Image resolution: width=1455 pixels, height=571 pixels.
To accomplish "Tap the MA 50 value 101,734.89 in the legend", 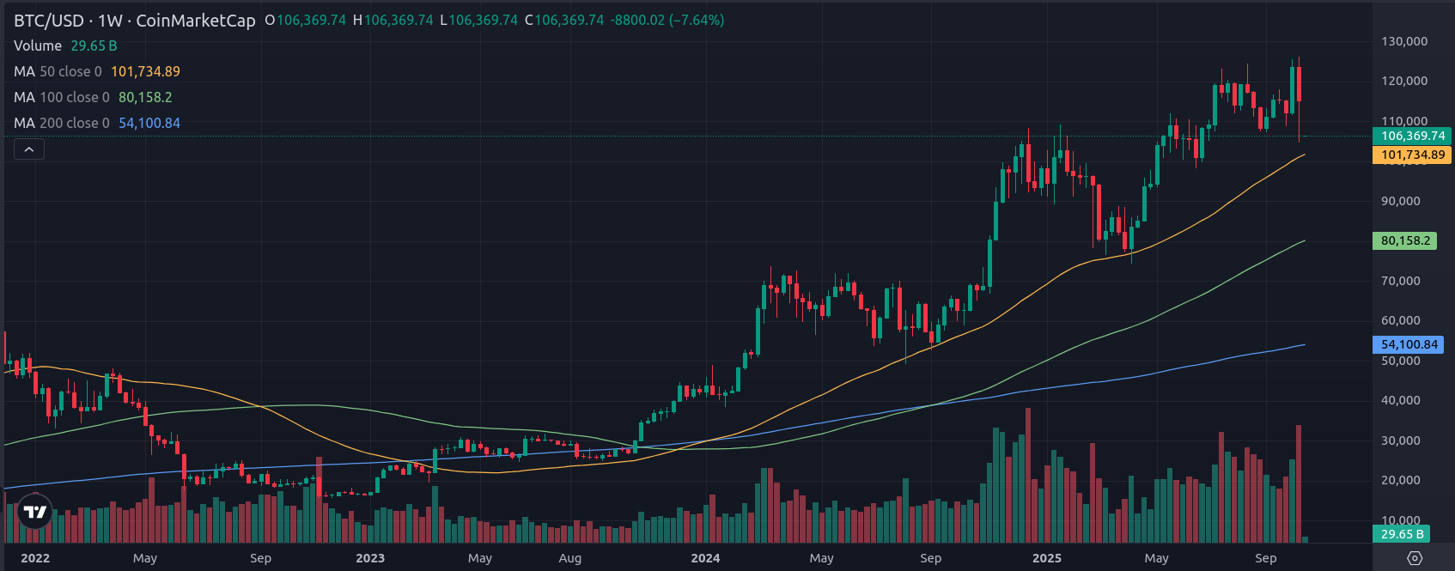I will [x=145, y=71].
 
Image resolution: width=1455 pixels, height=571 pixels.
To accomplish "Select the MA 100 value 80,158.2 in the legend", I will [x=145, y=97].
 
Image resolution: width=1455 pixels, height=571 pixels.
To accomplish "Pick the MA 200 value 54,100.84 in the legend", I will [x=149, y=123].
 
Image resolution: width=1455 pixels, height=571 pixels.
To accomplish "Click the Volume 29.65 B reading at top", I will [x=94, y=46].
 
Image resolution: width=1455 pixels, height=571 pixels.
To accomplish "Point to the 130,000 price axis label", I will [x=1404, y=41].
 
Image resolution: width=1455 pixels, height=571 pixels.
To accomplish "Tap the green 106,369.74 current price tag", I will [x=1413, y=136].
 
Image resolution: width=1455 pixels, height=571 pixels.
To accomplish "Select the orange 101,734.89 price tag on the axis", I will [x=1413, y=155].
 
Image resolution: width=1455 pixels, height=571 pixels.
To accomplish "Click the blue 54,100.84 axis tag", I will [x=1409, y=344].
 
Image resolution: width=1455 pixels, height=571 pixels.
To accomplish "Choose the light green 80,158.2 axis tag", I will [x=1405, y=240].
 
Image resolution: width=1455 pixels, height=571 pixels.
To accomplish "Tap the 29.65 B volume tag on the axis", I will [x=1402, y=534].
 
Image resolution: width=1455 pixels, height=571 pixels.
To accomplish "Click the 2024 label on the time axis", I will [x=705, y=558].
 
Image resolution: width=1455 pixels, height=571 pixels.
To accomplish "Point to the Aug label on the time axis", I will [x=570, y=558].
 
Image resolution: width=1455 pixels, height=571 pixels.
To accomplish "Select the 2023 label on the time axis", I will [x=370, y=558].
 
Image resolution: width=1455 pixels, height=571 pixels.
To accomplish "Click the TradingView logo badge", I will [x=35, y=513].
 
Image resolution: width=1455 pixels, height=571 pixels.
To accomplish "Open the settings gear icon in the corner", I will [x=1415, y=558].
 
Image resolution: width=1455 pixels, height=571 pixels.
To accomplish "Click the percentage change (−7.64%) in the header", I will [x=697, y=20].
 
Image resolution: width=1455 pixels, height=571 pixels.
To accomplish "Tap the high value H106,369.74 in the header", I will [x=393, y=20].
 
